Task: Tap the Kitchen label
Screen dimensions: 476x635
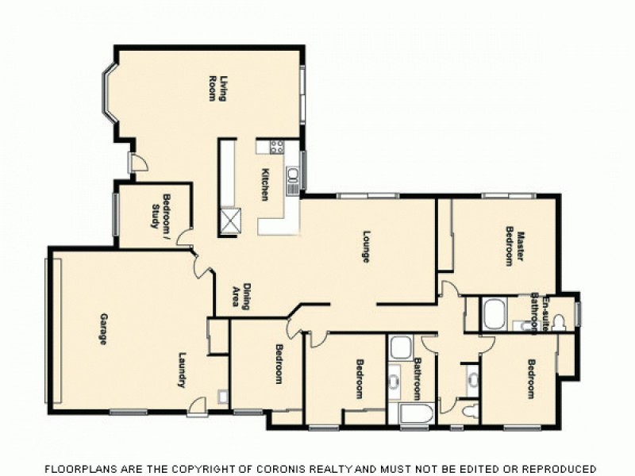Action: point(267,184)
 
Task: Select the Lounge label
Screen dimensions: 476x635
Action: point(367,246)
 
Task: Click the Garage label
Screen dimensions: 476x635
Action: point(103,329)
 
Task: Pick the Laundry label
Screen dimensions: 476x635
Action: point(182,370)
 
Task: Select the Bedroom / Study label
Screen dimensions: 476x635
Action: point(161,212)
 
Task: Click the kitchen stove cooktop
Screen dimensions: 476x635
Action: point(277,146)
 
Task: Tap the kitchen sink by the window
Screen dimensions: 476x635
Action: point(292,175)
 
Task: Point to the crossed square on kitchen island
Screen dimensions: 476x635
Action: point(230,220)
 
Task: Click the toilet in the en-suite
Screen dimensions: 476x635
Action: point(560,321)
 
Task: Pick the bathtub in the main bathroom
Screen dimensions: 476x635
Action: point(414,415)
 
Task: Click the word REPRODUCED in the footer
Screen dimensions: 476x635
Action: point(556,468)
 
